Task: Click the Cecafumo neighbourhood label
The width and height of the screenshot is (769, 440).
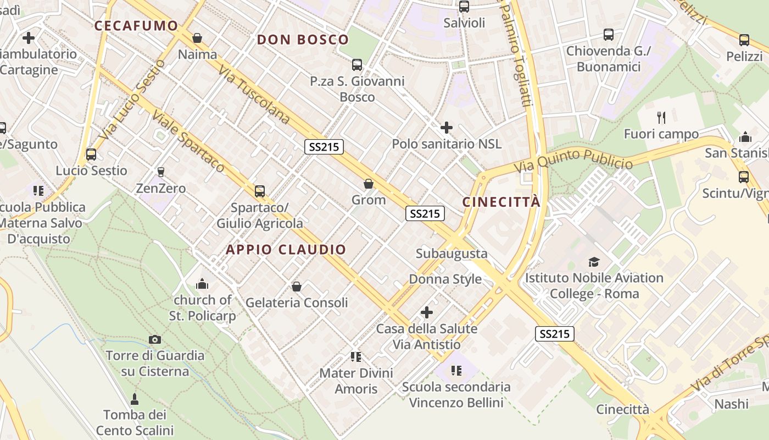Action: [x=136, y=26]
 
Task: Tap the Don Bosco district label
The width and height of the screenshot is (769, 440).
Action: [x=303, y=40]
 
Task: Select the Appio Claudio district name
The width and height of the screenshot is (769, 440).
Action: [x=286, y=250]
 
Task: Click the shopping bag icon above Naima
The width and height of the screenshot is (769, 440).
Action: [x=197, y=38]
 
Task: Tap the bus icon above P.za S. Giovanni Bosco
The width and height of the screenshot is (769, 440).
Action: [x=357, y=65]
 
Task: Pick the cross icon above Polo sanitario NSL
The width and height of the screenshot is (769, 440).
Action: [x=447, y=128]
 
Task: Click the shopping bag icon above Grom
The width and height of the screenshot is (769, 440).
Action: [x=369, y=184]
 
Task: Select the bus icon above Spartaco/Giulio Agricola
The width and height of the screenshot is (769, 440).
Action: [x=260, y=191]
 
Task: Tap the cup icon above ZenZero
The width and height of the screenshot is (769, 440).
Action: [x=161, y=172]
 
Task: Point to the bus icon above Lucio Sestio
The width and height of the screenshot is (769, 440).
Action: [x=91, y=155]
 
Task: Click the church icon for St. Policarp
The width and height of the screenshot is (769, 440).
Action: [x=202, y=284]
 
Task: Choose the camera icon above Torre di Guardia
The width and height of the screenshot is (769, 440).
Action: [x=155, y=339]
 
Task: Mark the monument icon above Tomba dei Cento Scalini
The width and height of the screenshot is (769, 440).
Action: [x=135, y=398]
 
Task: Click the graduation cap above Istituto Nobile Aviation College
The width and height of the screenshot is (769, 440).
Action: [x=594, y=262]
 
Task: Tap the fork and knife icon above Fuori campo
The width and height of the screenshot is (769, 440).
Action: [x=661, y=117]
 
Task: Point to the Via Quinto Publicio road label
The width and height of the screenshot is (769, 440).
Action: [x=573, y=160]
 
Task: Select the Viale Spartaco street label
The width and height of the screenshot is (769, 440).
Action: [x=188, y=141]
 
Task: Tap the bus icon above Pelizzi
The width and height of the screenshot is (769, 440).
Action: [x=744, y=40]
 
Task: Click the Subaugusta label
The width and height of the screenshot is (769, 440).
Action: [x=452, y=254]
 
